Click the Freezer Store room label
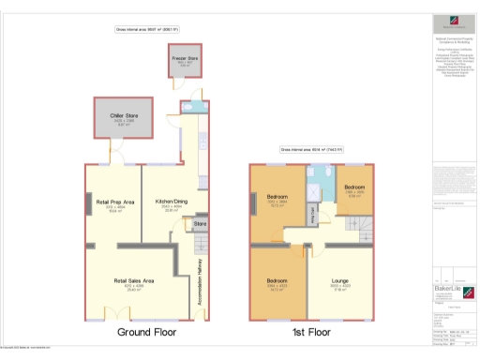[183, 59]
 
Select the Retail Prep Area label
[116, 202]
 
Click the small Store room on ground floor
[200, 225]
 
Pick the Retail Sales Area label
[133, 281]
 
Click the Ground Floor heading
[145, 332]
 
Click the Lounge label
[340, 281]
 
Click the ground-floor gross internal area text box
[146, 30]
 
